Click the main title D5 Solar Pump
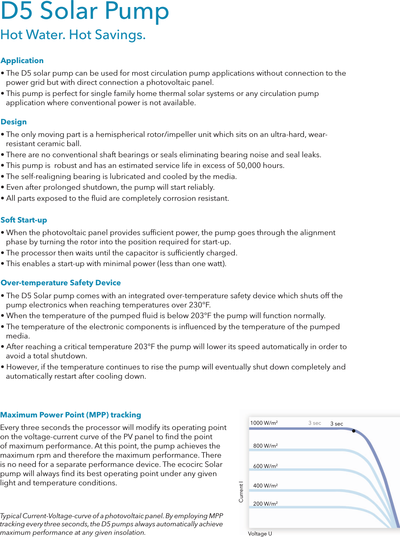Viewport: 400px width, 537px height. [x=85, y=11]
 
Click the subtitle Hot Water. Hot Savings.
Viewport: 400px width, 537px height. [x=73, y=35]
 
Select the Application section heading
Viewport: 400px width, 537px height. [x=22, y=61]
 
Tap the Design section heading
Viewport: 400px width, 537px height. [x=14, y=122]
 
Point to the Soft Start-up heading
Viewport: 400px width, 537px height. [x=24, y=220]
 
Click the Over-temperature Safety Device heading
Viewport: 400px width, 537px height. [x=61, y=283]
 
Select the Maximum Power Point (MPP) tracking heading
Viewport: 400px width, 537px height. [x=71, y=415]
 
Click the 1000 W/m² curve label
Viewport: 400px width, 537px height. [x=264, y=423]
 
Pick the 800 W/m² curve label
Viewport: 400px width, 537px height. [x=265, y=446]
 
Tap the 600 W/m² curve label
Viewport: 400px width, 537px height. [x=265, y=466]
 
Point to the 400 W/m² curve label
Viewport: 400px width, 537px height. [x=265, y=486]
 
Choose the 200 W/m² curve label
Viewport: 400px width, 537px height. [x=265, y=504]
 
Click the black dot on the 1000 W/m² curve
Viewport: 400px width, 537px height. [x=353, y=431]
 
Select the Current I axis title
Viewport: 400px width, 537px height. [x=241, y=492]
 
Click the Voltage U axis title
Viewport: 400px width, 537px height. [x=260, y=534]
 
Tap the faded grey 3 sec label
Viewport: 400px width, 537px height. [x=315, y=423]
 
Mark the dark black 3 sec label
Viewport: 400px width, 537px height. [x=336, y=424]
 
